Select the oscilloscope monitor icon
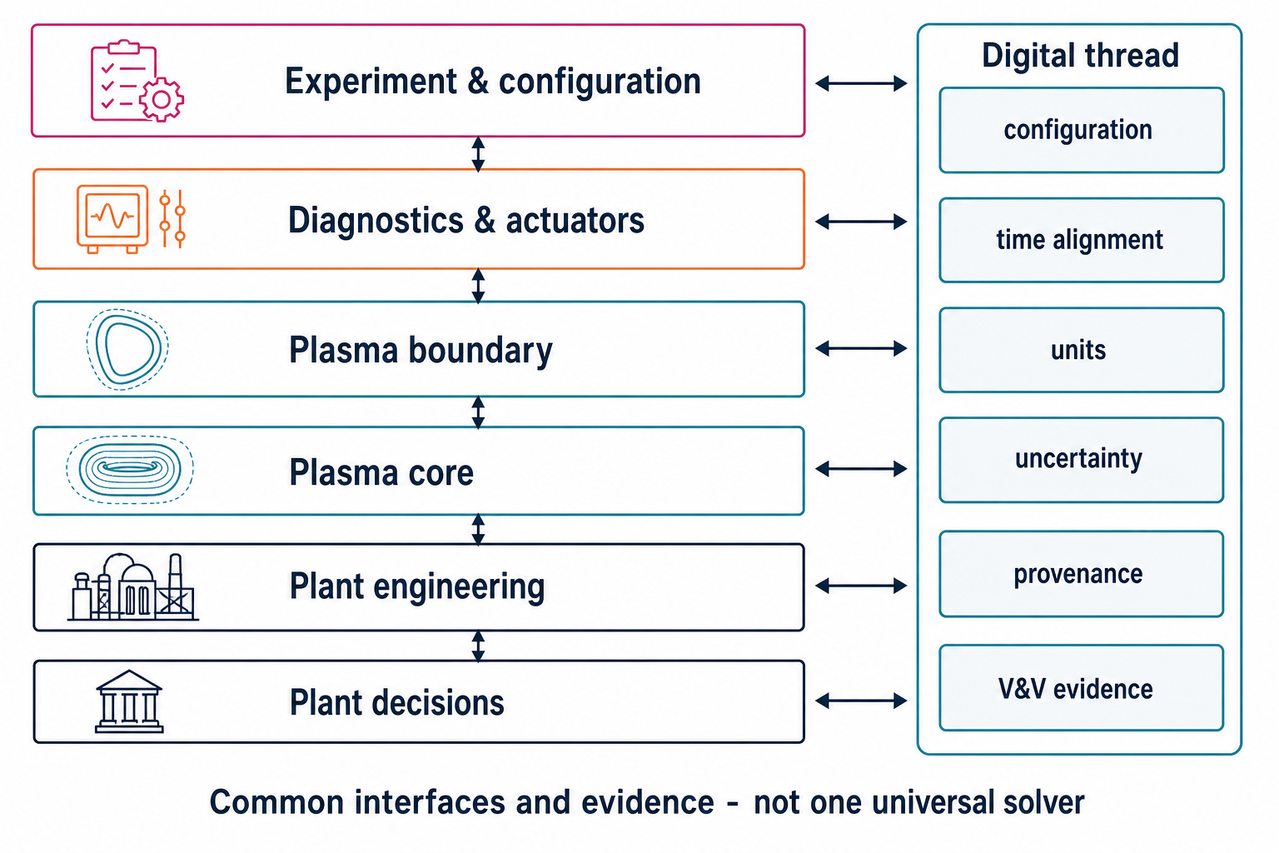tap(112, 219)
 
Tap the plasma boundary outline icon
tap(127, 349)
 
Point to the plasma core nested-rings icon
tap(130, 470)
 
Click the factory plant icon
tap(133, 586)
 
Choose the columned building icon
tap(129, 701)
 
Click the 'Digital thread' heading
tap(1080, 56)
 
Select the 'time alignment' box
tap(1082, 240)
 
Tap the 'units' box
tap(1082, 350)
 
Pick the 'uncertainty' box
tap(1082, 460)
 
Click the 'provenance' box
tap(1082, 574)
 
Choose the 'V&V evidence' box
tap(1082, 688)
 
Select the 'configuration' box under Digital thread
tap(1082, 130)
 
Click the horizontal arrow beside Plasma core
tap(861, 469)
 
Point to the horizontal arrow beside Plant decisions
tap(861, 701)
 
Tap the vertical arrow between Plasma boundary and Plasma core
tap(479, 412)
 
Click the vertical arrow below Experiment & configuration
tap(479, 153)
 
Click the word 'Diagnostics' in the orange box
tap(376, 221)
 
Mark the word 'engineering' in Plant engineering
tap(459, 588)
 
